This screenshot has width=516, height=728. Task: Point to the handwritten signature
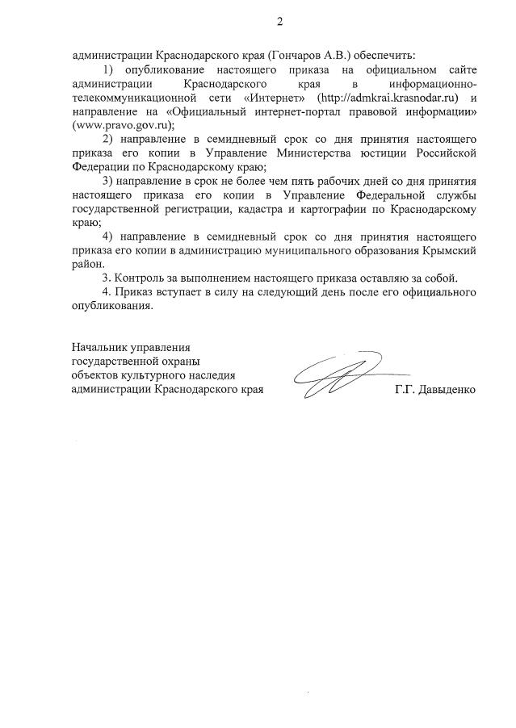pyautogui.click(x=342, y=377)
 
